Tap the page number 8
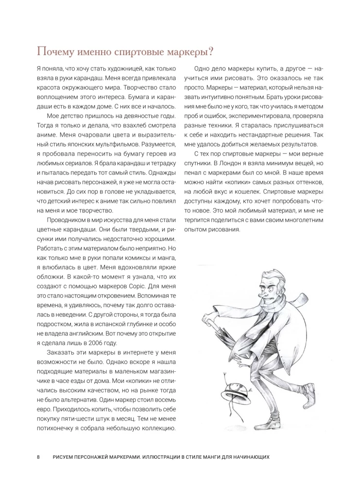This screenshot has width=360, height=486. coord(38,458)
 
